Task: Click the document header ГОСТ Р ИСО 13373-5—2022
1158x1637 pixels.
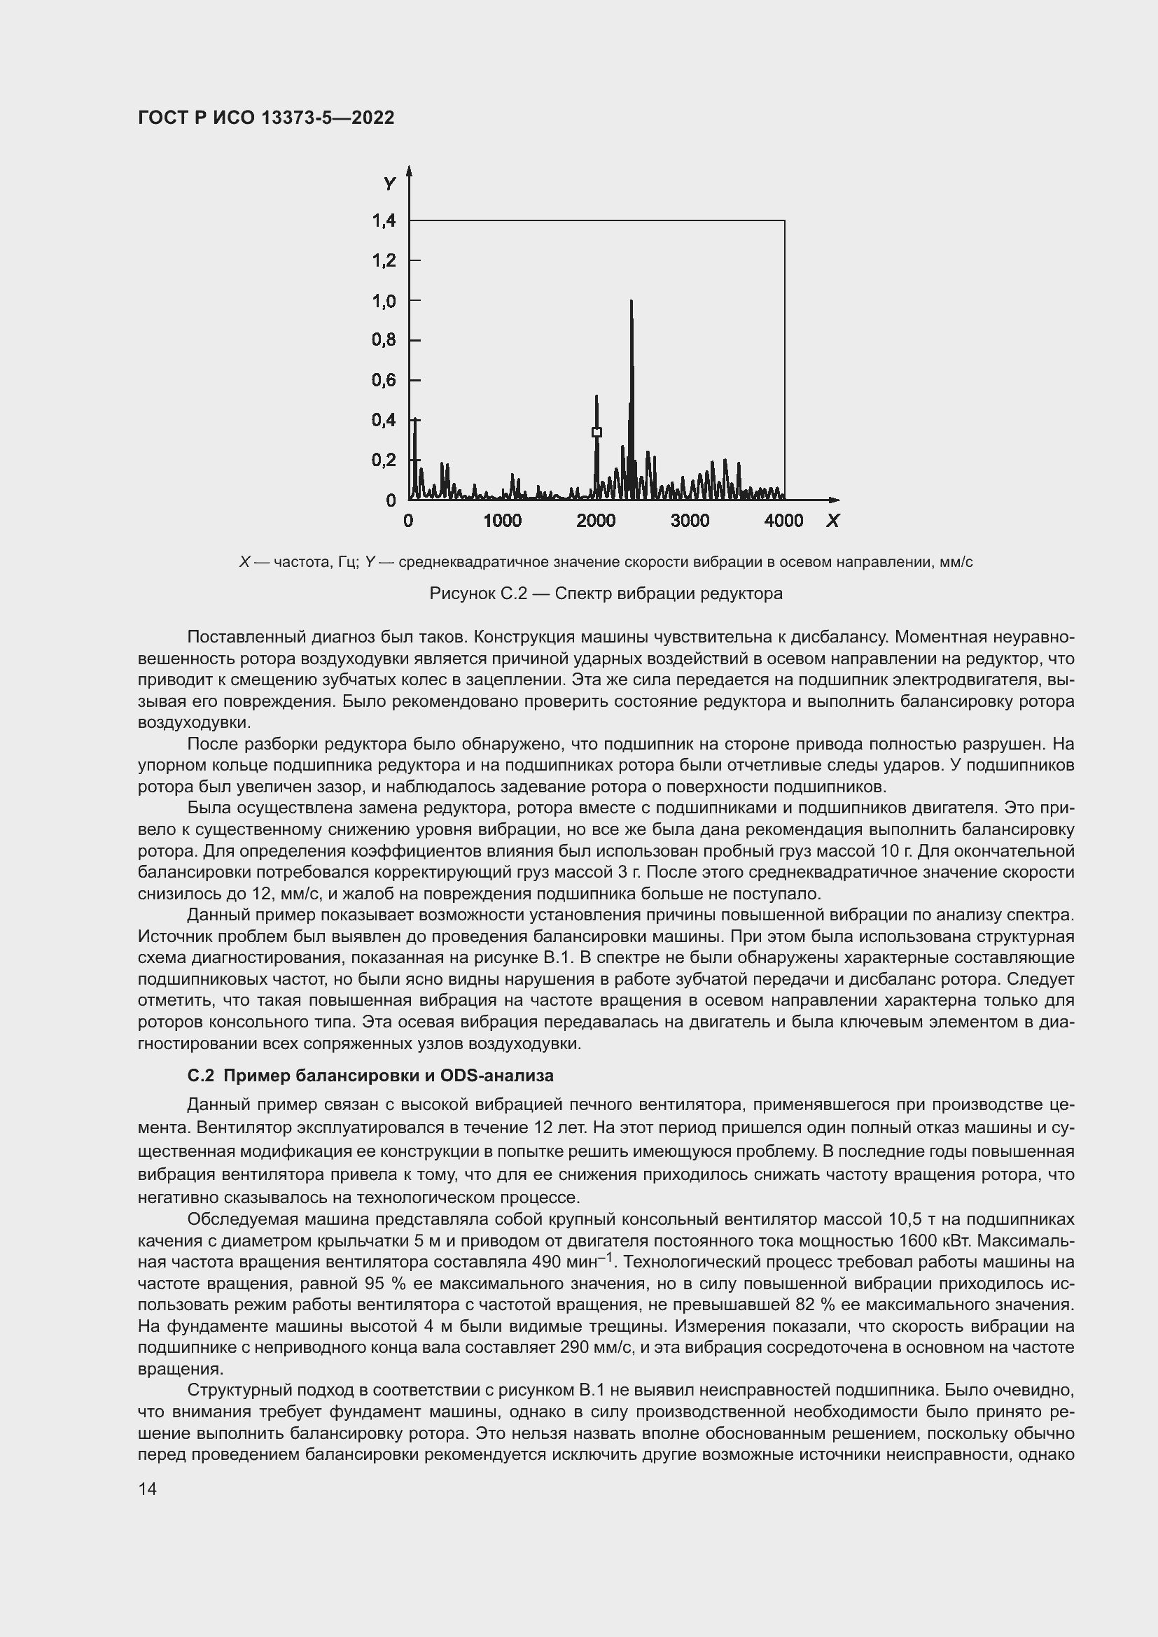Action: pyautogui.click(x=266, y=118)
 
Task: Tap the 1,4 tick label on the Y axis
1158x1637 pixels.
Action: pyautogui.click(x=384, y=221)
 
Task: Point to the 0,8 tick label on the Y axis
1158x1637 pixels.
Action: pyautogui.click(x=384, y=340)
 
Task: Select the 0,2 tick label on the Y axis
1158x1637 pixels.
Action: pyautogui.click(x=384, y=460)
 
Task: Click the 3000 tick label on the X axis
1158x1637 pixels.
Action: pyautogui.click(x=690, y=521)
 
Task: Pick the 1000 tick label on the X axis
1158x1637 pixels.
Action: pyautogui.click(x=502, y=521)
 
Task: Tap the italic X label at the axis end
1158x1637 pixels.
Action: pyautogui.click(x=832, y=521)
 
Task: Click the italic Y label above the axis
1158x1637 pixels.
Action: pyautogui.click(x=389, y=185)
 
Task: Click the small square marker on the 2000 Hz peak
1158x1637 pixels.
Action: pyautogui.click(x=597, y=432)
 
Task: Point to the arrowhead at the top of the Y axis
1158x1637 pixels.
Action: pyautogui.click(x=409, y=169)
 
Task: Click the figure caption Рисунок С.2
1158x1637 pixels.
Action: pyautogui.click(x=606, y=593)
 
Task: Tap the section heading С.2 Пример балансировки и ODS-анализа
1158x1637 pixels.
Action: pyautogui.click(x=370, y=1075)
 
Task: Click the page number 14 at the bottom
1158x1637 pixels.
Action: pyautogui.click(x=148, y=1489)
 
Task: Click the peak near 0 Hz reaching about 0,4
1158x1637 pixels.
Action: pyautogui.click(x=415, y=422)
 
